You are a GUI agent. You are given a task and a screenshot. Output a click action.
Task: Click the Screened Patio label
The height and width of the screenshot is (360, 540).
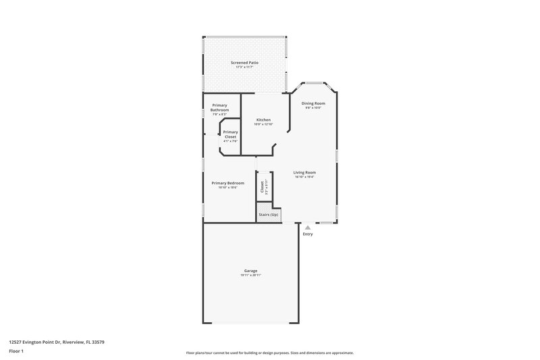[244, 62]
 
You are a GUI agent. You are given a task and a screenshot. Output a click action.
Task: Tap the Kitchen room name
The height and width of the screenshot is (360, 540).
[263, 120]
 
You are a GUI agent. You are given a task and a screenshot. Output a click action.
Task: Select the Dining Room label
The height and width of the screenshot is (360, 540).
[313, 103]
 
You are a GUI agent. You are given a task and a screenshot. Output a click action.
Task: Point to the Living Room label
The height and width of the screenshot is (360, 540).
[304, 172]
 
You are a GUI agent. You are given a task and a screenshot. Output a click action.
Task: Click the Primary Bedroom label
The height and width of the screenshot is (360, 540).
[227, 183]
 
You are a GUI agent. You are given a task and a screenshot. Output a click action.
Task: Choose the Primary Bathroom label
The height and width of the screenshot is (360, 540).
[220, 107]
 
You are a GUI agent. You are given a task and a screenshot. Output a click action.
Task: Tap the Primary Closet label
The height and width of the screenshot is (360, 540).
[230, 134]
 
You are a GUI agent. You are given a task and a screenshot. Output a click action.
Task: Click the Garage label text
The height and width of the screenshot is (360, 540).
[250, 270]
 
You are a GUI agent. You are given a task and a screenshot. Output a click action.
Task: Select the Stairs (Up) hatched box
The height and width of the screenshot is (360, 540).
[269, 214]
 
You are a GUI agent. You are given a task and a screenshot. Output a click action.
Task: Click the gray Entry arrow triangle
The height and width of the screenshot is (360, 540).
[307, 228]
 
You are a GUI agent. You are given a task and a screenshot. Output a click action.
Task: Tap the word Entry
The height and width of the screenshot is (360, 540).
[308, 234]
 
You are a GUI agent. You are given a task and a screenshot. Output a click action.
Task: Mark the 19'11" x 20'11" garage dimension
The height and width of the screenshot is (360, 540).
[250, 275]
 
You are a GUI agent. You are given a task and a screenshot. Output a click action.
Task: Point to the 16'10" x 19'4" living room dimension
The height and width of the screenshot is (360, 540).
[304, 176]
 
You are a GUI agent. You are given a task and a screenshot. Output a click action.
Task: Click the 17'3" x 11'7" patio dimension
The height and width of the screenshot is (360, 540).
[244, 67]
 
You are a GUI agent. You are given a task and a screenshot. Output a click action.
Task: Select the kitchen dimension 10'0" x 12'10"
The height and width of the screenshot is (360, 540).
[263, 124]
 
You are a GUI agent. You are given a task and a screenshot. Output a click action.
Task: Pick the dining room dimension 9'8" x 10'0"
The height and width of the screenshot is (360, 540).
[313, 107]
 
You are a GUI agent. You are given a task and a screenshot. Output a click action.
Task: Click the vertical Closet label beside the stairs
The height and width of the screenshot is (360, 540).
[263, 186]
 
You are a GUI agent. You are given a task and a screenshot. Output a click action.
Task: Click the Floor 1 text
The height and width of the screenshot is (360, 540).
[16, 352]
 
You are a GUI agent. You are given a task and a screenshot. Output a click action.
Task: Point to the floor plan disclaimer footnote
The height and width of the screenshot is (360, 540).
[269, 353]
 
